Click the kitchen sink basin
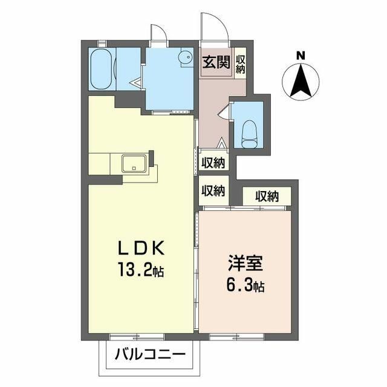click(134, 164)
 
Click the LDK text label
click(141, 248)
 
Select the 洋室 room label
click(246, 263)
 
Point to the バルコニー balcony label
click(150, 355)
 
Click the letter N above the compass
click(301, 56)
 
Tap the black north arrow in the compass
click(301, 80)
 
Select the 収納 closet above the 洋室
click(267, 197)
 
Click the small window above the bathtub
click(102, 44)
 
